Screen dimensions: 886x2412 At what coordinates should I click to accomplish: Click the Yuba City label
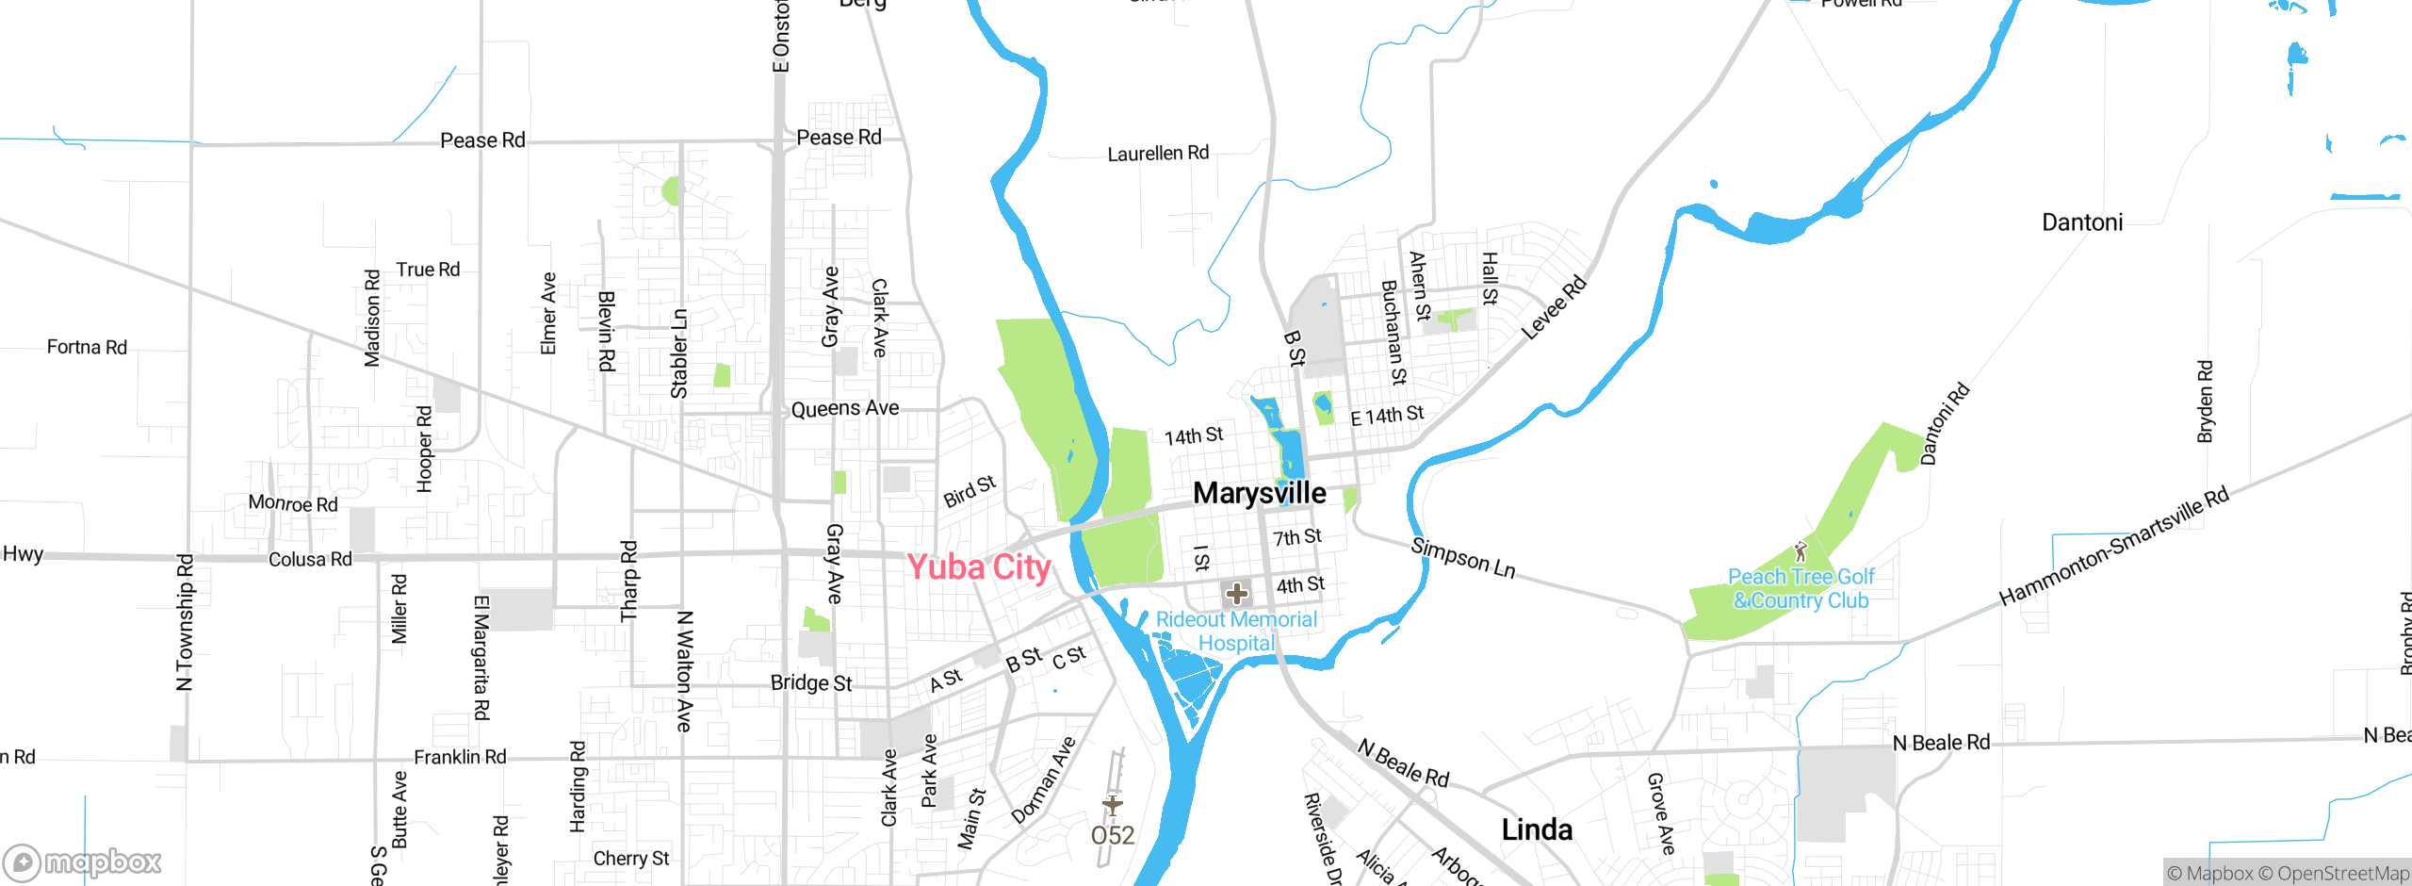click(x=978, y=567)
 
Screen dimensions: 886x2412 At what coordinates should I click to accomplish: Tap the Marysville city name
click(x=1259, y=493)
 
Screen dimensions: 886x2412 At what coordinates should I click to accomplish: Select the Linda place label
click(x=1537, y=829)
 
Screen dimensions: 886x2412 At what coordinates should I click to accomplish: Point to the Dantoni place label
click(x=2082, y=222)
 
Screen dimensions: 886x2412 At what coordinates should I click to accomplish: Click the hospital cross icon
click(x=1236, y=594)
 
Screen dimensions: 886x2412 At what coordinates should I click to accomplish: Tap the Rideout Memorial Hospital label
click(x=1236, y=631)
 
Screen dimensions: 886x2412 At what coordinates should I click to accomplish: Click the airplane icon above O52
click(x=1113, y=805)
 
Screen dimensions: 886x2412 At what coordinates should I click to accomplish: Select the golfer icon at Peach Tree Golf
click(x=1801, y=550)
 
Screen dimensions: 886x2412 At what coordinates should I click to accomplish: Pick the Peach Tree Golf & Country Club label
click(x=1801, y=588)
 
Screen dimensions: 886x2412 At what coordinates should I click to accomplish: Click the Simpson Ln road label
click(x=1463, y=558)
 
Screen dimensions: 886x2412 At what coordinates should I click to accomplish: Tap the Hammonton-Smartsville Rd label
click(x=2113, y=547)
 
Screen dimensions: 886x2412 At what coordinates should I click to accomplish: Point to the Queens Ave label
click(x=845, y=409)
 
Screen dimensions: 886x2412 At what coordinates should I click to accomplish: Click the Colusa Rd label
click(x=310, y=559)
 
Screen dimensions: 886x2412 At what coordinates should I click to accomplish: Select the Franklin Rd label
click(x=460, y=757)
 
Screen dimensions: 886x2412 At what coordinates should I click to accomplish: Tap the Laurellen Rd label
click(x=1158, y=153)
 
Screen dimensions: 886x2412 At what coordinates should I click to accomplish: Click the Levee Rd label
click(x=1555, y=307)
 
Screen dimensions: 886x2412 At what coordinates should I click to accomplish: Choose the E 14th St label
click(x=1387, y=416)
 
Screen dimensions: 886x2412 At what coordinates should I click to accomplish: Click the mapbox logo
click(x=83, y=862)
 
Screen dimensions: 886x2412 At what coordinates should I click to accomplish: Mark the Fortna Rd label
click(x=87, y=347)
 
